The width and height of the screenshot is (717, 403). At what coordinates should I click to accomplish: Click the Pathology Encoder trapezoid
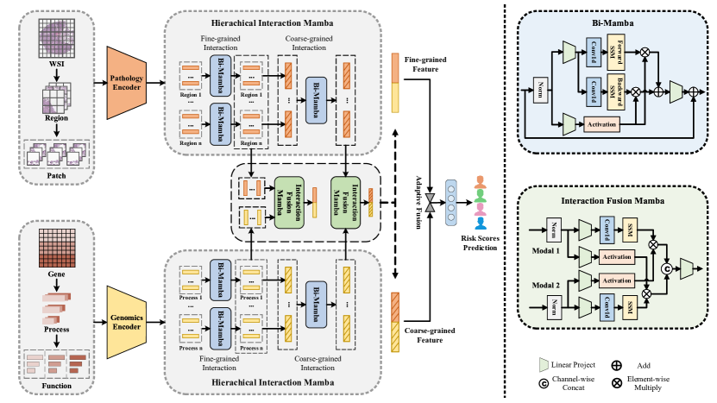click(126, 82)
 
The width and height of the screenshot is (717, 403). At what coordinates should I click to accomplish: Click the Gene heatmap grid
click(58, 247)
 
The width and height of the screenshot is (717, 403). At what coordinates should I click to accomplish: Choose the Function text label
click(58, 385)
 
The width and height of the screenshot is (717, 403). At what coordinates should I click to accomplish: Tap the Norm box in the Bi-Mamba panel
click(542, 88)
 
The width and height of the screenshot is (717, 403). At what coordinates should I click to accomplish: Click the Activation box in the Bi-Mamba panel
click(607, 124)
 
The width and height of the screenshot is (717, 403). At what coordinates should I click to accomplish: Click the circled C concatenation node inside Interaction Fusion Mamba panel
click(665, 269)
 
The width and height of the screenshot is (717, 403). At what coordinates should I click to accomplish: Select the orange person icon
click(480, 182)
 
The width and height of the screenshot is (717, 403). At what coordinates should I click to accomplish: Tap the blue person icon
click(480, 223)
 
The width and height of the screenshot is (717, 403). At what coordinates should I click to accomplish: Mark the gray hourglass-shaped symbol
click(430, 203)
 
